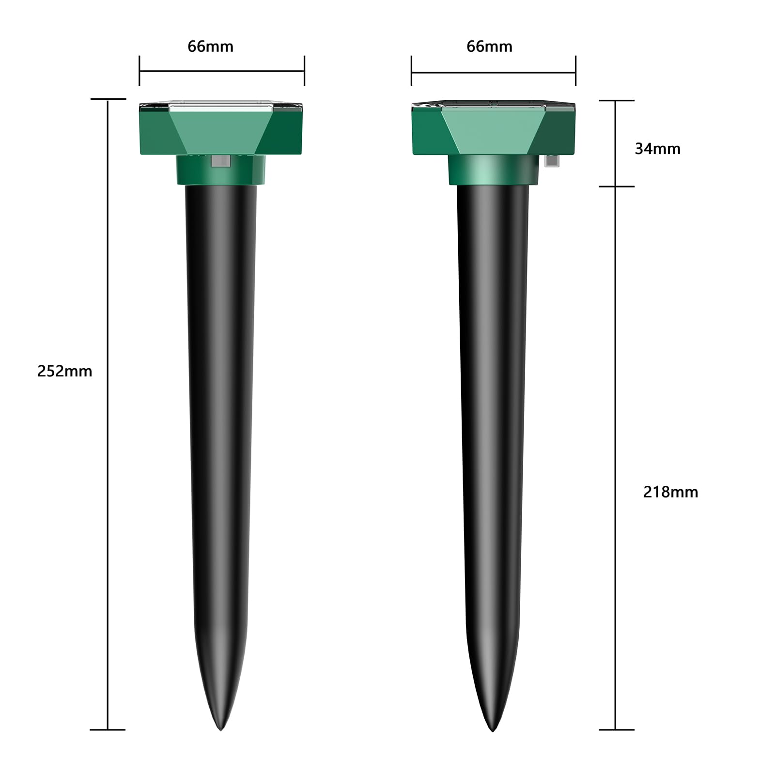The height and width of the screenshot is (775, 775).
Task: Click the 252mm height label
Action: pyautogui.click(x=64, y=372)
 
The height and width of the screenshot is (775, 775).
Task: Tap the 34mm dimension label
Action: pyautogui.click(x=657, y=149)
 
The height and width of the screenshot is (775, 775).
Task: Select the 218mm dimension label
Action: pyautogui.click(x=670, y=492)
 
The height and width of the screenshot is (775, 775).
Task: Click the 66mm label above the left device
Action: pyautogui.click(x=210, y=46)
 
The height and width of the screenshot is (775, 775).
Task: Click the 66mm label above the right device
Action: pyautogui.click(x=489, y=46)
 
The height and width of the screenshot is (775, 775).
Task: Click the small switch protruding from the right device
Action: pyautogui.click(x=551, y=160)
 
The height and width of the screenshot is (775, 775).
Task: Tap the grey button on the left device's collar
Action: pyautogui.click(x=220, y=161)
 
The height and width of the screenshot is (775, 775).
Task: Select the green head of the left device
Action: pyautogui.click(x=221, y=128)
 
